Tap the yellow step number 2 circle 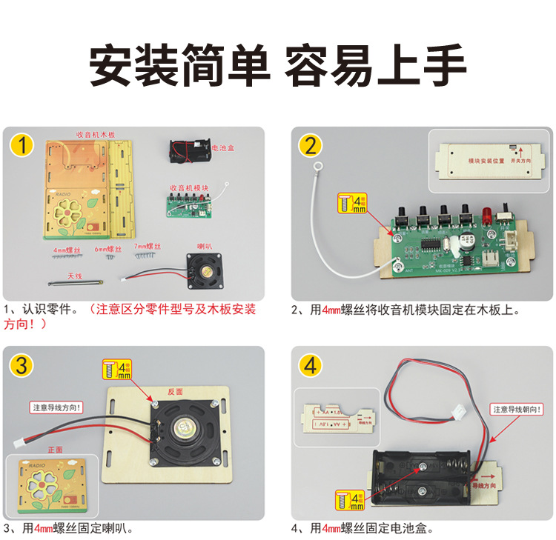(310, 145)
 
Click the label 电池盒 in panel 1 (225, 148)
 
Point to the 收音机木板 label (96, 135)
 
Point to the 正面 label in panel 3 (56, 449)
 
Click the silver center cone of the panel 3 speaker (185, 429)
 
